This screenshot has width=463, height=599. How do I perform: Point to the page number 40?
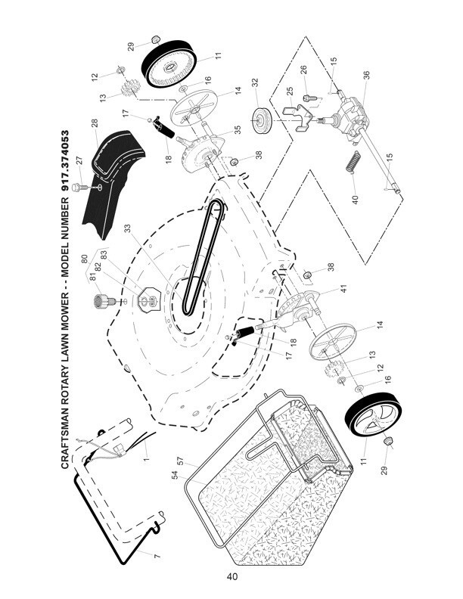pos(231,576)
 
